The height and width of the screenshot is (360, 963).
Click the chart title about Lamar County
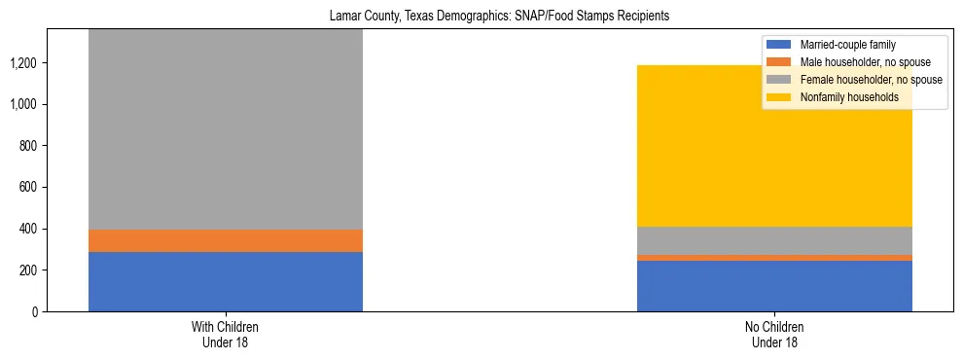[x=481, y=17]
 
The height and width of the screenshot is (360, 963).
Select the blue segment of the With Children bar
[x=226, y=281]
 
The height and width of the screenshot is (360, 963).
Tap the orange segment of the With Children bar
[x=226, y=240]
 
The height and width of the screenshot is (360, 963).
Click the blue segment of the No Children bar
[x=774, y=286]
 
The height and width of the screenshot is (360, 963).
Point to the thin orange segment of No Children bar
[x=774, y=258]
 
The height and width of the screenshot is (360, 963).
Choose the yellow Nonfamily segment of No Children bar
[x=774, y=146]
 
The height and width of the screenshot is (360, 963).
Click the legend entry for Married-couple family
[x=846, y=45]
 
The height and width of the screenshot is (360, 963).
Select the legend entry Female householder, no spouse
[x=869, y=80]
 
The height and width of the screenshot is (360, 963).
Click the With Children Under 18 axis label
[x=226, y=334]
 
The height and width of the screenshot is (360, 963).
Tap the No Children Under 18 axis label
[x=774, y=334]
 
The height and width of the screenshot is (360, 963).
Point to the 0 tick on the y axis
[x=36, y=311]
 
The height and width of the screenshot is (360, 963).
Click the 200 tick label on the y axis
[x=28, y=270]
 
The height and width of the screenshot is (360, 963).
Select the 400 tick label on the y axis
[x=28, y=229]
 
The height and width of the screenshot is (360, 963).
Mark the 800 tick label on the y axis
[x=28, y=146]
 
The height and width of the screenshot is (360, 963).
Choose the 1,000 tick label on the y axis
[x=24, y=104]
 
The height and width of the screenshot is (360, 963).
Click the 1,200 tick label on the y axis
[x=24, y=63]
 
